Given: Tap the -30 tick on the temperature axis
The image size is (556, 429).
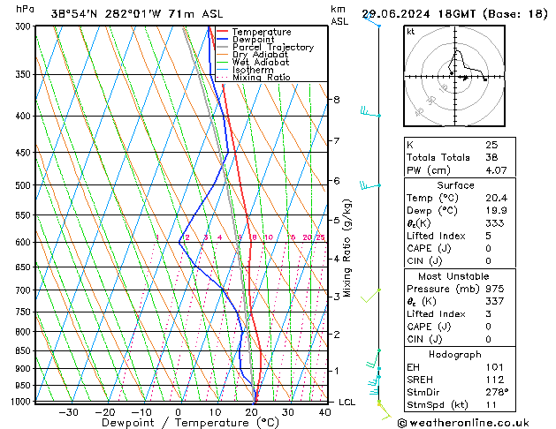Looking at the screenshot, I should (69, 412).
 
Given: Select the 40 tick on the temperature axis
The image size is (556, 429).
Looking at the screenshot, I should (325, 412).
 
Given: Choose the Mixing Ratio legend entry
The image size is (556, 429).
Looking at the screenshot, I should (261, 78).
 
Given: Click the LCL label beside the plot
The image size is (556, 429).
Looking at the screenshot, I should (348, 403).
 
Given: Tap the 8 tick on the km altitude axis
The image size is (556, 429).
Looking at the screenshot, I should (336, 100).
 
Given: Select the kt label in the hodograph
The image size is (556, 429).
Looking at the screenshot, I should (411, 32).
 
